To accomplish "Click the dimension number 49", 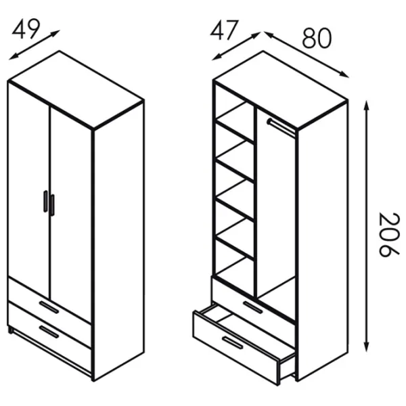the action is click(x=26, y=28).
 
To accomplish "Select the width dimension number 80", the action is click(x=317, y=39).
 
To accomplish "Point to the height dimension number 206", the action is click(x=388, y=235).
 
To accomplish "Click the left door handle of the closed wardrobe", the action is click(x=45, y=202).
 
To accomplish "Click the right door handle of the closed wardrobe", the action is click(x=52, y=205).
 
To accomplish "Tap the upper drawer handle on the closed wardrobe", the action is click(x=49, y=307).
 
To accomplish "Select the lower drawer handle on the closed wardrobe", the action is click(x=49, y=332).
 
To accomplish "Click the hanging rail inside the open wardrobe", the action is click(x=281, y=127).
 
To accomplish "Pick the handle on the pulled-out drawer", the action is click(x=233, y=342).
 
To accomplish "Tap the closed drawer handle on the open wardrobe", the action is click(x=253, y=307).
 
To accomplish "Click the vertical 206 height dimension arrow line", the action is click(x=366, y=226).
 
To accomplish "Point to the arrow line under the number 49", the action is click(x=35, y=45).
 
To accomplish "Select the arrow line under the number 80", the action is click(x=307, y=54).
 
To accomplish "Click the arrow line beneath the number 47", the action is click(x=236, y=46).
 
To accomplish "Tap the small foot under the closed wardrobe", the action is click(x=10, y=330).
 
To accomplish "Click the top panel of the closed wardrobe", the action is click(x=76, y=89).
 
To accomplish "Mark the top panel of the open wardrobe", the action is click(x=280, y=89).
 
